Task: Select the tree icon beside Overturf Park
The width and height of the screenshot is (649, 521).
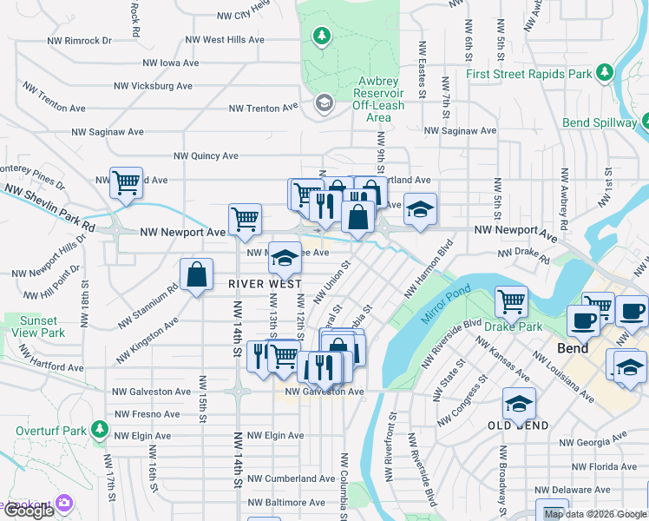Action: (100, 429)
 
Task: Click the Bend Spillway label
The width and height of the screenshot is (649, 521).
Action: (599, 122)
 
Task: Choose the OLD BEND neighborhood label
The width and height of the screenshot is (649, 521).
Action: (517, 425)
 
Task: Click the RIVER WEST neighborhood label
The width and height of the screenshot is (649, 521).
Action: (265, 284)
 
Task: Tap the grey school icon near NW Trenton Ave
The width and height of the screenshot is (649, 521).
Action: (324, 104)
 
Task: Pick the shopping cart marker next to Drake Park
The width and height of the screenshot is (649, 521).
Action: (511, 301)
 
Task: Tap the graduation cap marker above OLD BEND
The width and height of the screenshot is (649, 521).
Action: (519, 403)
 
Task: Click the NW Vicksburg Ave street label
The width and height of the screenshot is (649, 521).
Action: (154, 86)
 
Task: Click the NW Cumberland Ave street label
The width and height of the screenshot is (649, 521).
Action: (291, 478)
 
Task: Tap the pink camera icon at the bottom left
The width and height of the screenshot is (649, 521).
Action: (64, 503)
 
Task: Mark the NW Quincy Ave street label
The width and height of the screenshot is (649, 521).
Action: (206, 156)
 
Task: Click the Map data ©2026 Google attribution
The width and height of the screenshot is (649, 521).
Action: (594, 514)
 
